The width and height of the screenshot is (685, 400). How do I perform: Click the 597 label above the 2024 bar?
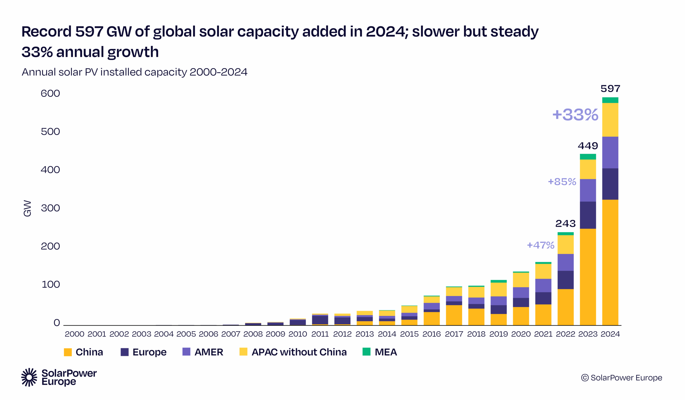pyautogui.click(x=610, y=89)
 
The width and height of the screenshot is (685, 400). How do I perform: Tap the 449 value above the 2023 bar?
pyautogui.click(x=588, y=146)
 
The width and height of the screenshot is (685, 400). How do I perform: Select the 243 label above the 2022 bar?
pyautogui.click(x=565, y=223)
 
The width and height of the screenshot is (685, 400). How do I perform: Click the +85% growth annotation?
pyautogui.click(x=562, y=181)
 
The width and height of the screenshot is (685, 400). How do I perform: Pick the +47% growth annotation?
pyautogui.click(x=541, y=245)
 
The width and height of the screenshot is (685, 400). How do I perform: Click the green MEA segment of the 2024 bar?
pyautogui.click(x=610, y=100)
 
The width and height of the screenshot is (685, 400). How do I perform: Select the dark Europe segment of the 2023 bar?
pyautogui.click(x=588, y=215)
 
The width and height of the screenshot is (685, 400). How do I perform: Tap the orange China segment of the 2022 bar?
pyautogui.click(x=565, y=307)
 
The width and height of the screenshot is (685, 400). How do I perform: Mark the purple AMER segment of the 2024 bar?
pyautogui.click(x=610, y=153)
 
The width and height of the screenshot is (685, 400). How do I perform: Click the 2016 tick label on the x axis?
pyautogui.click(x=431, y=334)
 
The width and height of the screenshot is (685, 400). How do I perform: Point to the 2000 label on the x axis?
pyautogui.click(x=74, y=334)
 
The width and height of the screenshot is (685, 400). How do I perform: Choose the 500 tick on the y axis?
pyautogui.click(x=50, y=132)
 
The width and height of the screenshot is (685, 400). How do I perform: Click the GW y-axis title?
pyautogui.click(x=28, y=208)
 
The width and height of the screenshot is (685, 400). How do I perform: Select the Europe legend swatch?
pyautogui.click(x=124, y=352)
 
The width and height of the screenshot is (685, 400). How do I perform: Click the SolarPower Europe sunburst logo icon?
pyautogui.click(x=29, y=377)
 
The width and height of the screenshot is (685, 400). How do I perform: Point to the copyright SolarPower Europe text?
pyautogui.click(x=621, y=378)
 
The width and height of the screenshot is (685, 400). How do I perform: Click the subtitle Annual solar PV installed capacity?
pyautogui.click(x=134, y=72)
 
